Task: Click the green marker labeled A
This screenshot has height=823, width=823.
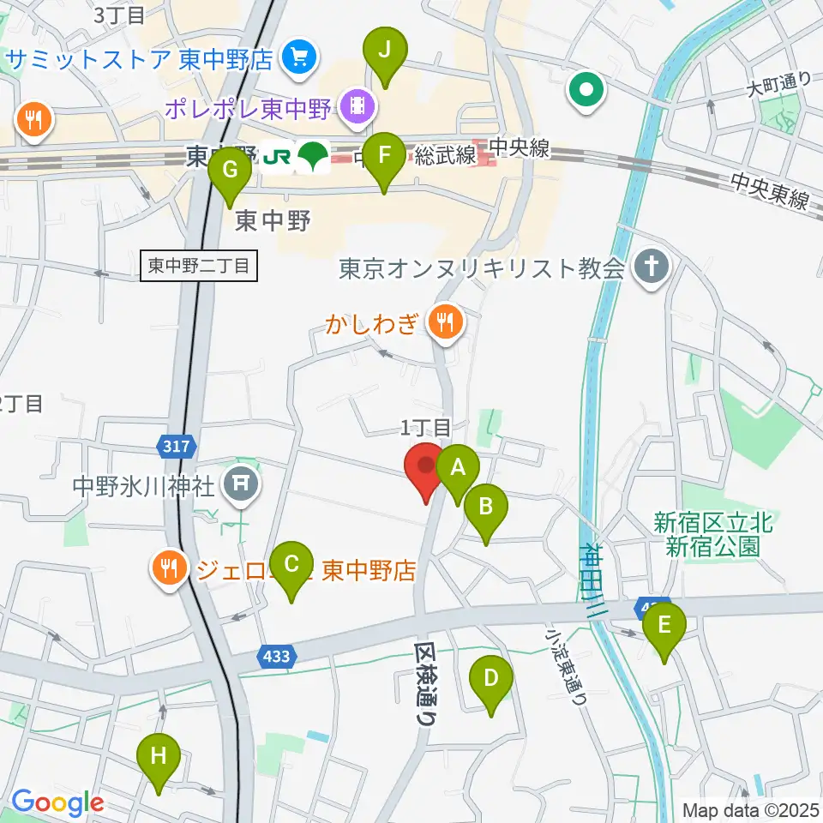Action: [458, 470]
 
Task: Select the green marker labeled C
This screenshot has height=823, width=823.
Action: [291, 567]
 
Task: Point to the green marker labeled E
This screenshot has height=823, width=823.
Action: [664, 628]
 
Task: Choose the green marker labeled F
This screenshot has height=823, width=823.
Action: [384, 158]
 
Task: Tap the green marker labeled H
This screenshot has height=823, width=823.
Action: [159, 759]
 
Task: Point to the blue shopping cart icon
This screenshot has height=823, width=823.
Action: [298, 59]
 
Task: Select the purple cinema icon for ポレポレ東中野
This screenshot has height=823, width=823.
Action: [354, 106]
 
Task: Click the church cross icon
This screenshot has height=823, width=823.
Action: [651, 267]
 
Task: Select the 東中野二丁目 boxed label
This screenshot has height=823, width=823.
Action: [198, 267]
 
